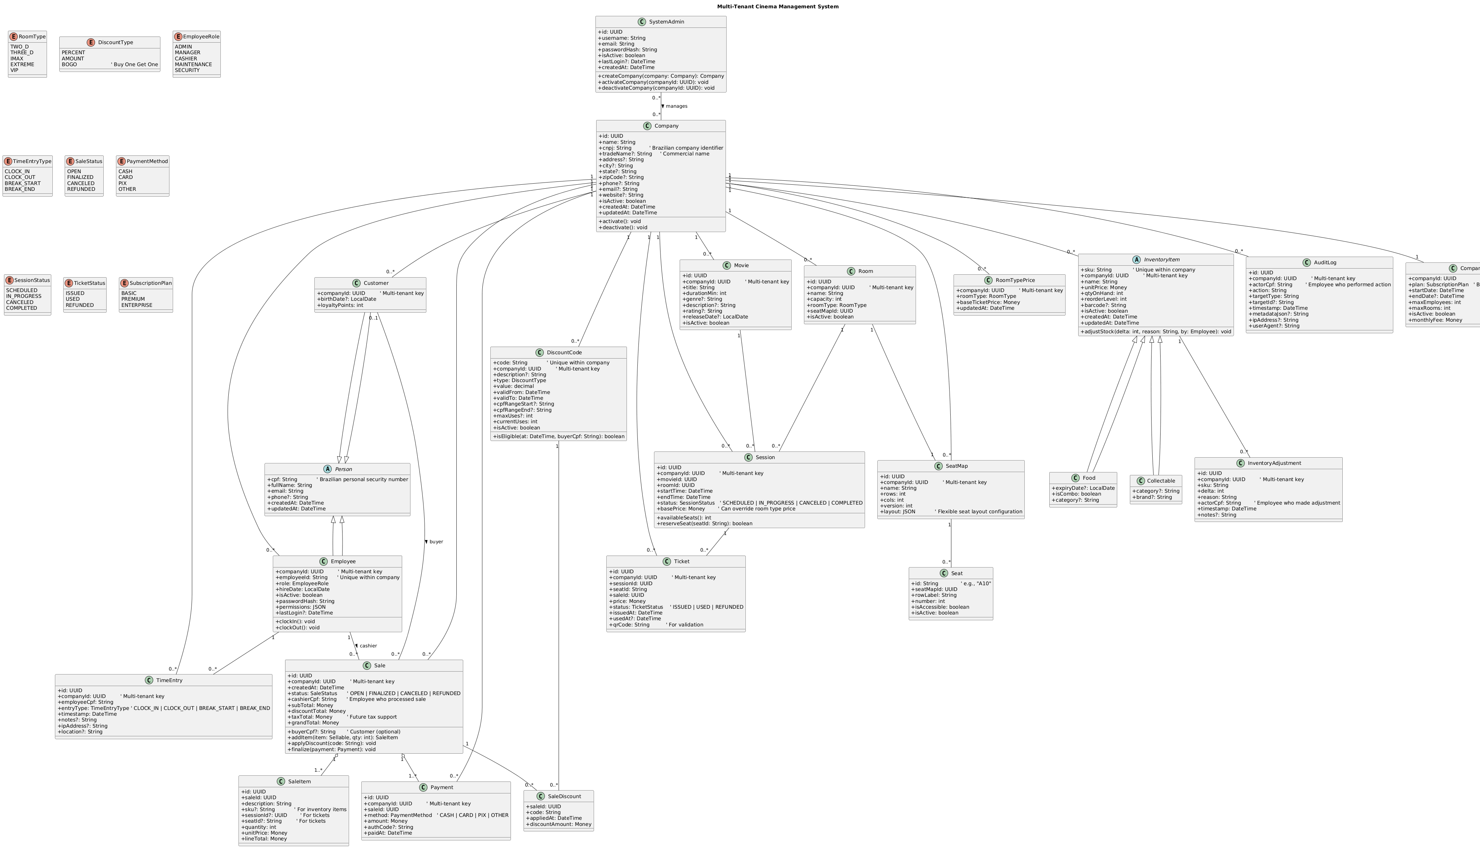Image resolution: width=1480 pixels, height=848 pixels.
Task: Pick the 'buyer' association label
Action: pos(435,541)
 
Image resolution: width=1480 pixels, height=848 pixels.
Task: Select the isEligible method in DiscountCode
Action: pos(558,436)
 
